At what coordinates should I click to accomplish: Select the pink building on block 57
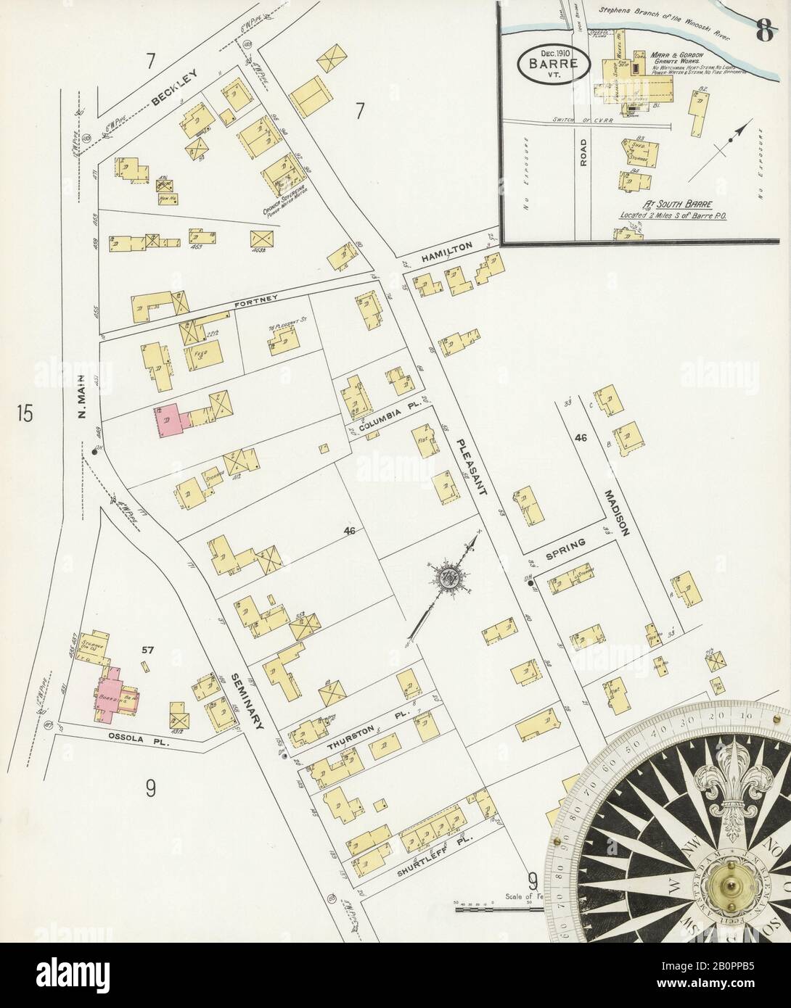(x=109, y=693)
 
